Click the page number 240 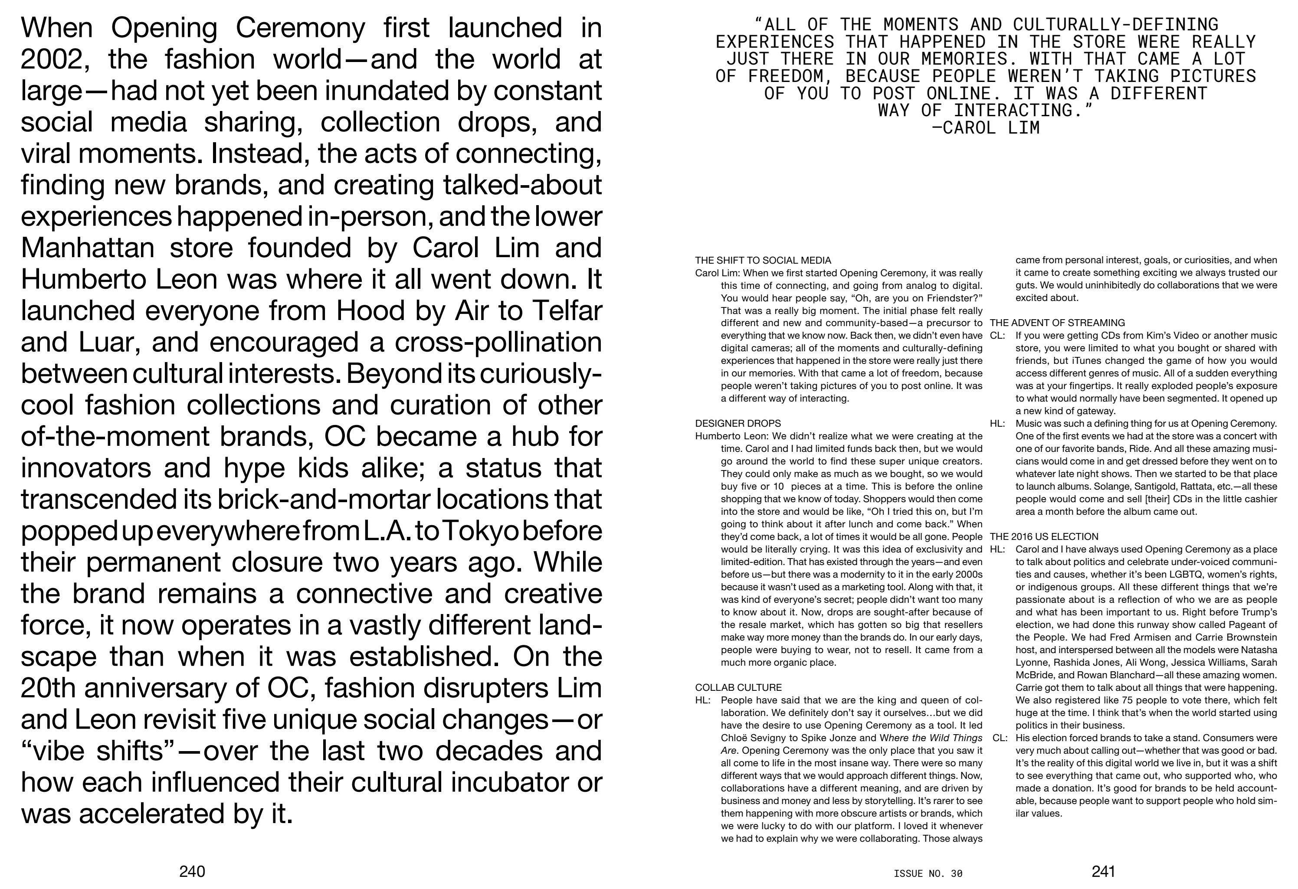click(192, 871)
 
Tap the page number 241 click(1103, 871)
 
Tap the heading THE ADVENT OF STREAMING click(1057, 323)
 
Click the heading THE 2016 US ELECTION click(1044, 536)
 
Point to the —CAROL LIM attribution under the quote click(986, 128)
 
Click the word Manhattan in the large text click(87, 248)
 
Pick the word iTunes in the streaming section click(1082, 361)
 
